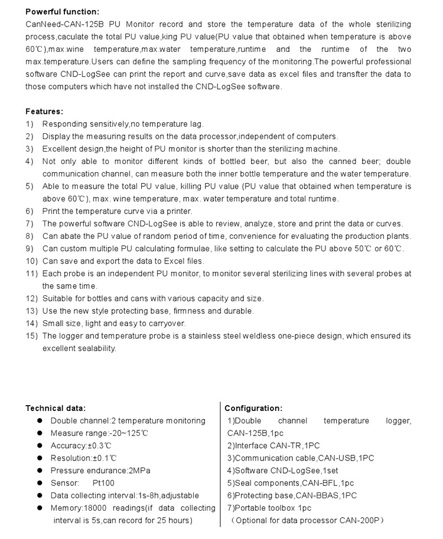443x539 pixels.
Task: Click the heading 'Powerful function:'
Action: point(62,12)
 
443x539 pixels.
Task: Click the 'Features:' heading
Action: point(44,111)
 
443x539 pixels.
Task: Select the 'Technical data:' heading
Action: point(56,408)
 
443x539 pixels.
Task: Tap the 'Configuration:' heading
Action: point(253,408)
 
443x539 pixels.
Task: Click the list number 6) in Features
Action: point(30,211)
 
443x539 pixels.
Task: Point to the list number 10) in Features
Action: point(31,261)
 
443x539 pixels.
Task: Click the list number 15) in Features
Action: point(31,336)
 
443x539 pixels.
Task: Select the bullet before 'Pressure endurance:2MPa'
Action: point(40,471)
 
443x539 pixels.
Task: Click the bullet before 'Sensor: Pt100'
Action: point(40,483)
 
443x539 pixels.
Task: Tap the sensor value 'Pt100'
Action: point(104,483)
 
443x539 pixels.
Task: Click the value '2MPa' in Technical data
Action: point(139,471)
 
